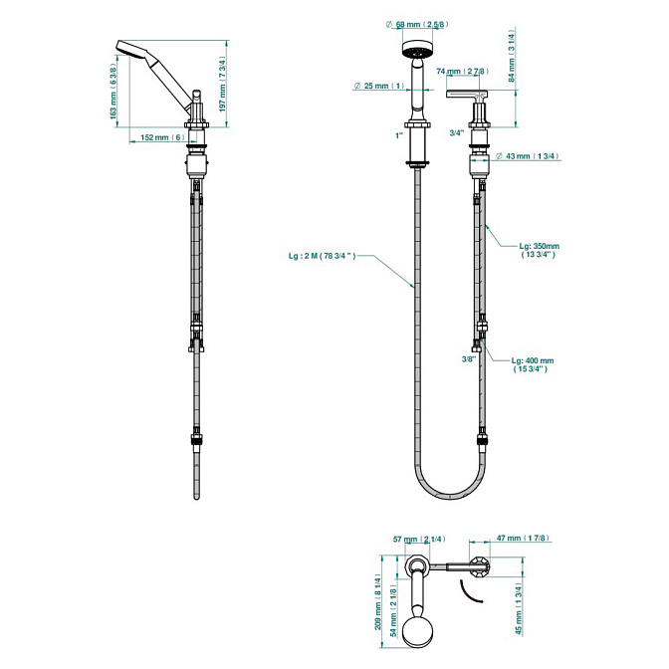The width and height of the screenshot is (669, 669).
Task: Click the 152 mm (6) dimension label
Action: pyautogui.click(x=162, y=137)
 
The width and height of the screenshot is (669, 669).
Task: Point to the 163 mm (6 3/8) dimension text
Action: pyautogui.click(x=113, y=92)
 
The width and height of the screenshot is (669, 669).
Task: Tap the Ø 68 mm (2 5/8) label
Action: pyautogui.click(x=417, y=24)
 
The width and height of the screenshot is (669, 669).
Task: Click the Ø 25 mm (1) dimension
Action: pyautogui.click(x=379, y=86)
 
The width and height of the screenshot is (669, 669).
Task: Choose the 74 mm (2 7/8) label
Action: pyautogui.click(x=463, y=72)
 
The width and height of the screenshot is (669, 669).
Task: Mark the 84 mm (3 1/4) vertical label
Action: pyautogui.click(x=512, y=55)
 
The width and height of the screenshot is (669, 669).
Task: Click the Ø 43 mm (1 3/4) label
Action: pyautogui.click(x=528, y=156)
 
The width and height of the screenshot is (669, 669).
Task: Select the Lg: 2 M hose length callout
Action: pyautogui.click(x=323, y=257)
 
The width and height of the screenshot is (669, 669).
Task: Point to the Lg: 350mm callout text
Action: pyautogui.click(x=539, y=250)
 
